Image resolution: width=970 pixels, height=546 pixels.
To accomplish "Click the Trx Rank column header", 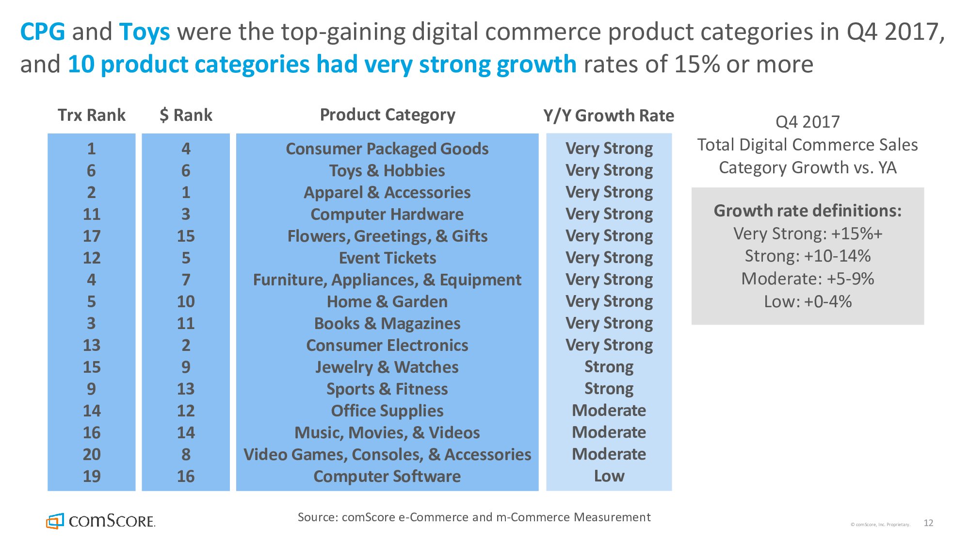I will coord(91,115).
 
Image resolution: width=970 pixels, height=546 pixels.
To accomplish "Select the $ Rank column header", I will coord(186,115).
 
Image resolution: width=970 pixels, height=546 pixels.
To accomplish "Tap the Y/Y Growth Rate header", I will coord(609,116).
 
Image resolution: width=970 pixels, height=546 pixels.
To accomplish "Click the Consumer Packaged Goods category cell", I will coord(387,149).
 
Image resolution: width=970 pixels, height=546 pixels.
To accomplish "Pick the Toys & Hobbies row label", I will coord(387,170).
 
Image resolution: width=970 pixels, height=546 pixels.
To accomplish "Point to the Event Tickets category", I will coord(387,258).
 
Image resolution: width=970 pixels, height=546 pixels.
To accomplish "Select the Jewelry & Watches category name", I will coord(387,367).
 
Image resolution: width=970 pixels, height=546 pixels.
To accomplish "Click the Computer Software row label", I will coord(387,476).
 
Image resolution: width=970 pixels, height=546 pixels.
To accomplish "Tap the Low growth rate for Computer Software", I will coord(609,476).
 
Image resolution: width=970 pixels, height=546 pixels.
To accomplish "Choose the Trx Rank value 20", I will coord(91,454).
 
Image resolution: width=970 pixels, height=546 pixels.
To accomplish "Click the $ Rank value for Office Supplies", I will coord(186,411).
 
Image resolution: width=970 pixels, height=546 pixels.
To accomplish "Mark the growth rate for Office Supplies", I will coord(609,411).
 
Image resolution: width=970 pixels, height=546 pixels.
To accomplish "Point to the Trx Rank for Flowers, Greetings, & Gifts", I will coord(91,236).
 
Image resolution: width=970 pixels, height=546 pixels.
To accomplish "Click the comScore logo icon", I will coord(55,521).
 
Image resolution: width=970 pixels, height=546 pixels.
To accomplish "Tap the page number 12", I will coord(928,523).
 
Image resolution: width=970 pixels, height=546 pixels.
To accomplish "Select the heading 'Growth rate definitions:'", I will coord(808,211).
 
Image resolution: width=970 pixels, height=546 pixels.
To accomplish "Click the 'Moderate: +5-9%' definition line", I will coord(808,279).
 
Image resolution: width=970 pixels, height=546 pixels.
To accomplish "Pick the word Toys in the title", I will coord(145,32).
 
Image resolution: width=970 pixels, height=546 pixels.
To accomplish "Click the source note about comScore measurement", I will coord(474,517).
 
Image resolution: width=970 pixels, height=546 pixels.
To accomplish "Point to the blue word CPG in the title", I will coord(42,32).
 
